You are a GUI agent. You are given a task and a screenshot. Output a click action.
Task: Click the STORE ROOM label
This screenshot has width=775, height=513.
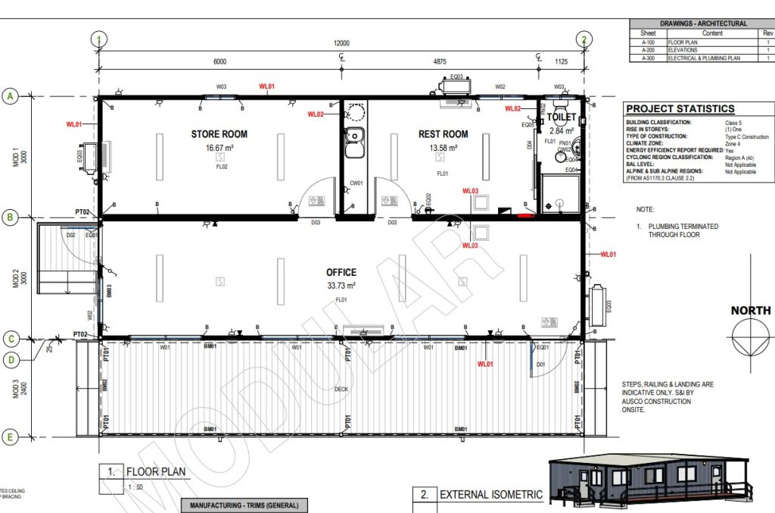219,134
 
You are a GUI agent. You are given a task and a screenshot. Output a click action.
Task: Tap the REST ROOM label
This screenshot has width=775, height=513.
443,134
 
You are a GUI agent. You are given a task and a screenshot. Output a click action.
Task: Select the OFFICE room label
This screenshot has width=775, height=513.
341,272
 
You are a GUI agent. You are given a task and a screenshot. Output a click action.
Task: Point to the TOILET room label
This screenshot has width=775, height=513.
564,118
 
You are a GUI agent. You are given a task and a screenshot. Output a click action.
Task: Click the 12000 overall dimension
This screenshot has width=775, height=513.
341,43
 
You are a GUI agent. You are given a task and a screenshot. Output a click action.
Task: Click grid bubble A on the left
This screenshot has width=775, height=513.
11,96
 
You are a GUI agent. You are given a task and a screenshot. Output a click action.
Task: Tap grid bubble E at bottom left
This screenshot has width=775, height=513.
11,436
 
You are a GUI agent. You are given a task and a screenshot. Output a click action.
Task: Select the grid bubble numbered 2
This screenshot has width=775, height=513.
584,39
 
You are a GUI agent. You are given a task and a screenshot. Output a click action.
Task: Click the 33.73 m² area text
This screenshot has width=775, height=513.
341,286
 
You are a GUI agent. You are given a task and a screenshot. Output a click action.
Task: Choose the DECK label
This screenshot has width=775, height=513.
341,389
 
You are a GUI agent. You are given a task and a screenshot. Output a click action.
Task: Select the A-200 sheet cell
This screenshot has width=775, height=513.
649,49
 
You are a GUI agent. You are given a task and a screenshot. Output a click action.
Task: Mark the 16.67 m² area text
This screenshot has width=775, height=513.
219,149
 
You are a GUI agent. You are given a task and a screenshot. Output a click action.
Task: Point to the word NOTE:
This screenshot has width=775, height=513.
645,209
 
